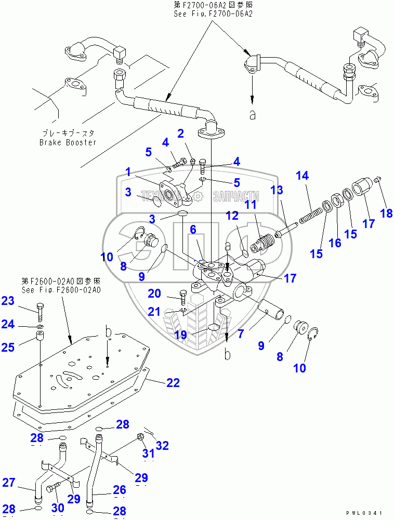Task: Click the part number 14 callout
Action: (x=303, y=176)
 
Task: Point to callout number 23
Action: (x=8, y=300)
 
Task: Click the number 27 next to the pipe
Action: (x=9, y=483)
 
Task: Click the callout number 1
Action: (x=127, y=171)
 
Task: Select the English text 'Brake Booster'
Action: (x=68, y=142)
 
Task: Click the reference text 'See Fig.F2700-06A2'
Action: (x=213, y=14)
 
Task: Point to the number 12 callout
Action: (x=231, y=215)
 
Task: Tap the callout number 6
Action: (x=192, y=228)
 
